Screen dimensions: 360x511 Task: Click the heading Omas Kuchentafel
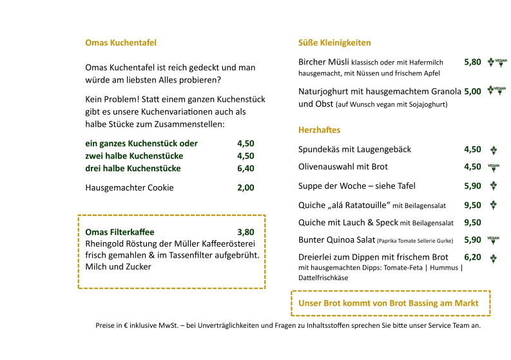pos(121,43)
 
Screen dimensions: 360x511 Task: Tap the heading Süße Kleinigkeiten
pos(334,43)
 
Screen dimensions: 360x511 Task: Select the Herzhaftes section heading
pos(319,130)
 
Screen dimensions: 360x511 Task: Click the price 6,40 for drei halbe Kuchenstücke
pos(246,169)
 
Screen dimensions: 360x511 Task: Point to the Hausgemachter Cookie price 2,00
pos(246,188)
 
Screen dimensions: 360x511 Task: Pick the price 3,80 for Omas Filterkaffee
pos(246,232)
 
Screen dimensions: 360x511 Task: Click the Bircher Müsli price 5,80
pos(472,62)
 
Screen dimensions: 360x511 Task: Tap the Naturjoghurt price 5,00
pos(472,91)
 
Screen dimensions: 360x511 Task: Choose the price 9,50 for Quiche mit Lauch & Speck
pos(472,223)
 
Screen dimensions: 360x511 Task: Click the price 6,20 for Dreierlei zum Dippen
pos(472,257)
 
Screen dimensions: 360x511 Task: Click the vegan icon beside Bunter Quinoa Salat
pos(494,240)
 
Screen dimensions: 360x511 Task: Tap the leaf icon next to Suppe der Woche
pos(494,186)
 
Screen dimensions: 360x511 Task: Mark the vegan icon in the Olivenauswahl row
pos(494,167)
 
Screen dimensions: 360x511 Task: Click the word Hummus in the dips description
pos(444,267)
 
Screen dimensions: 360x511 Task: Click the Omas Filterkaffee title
pos(120,232)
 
